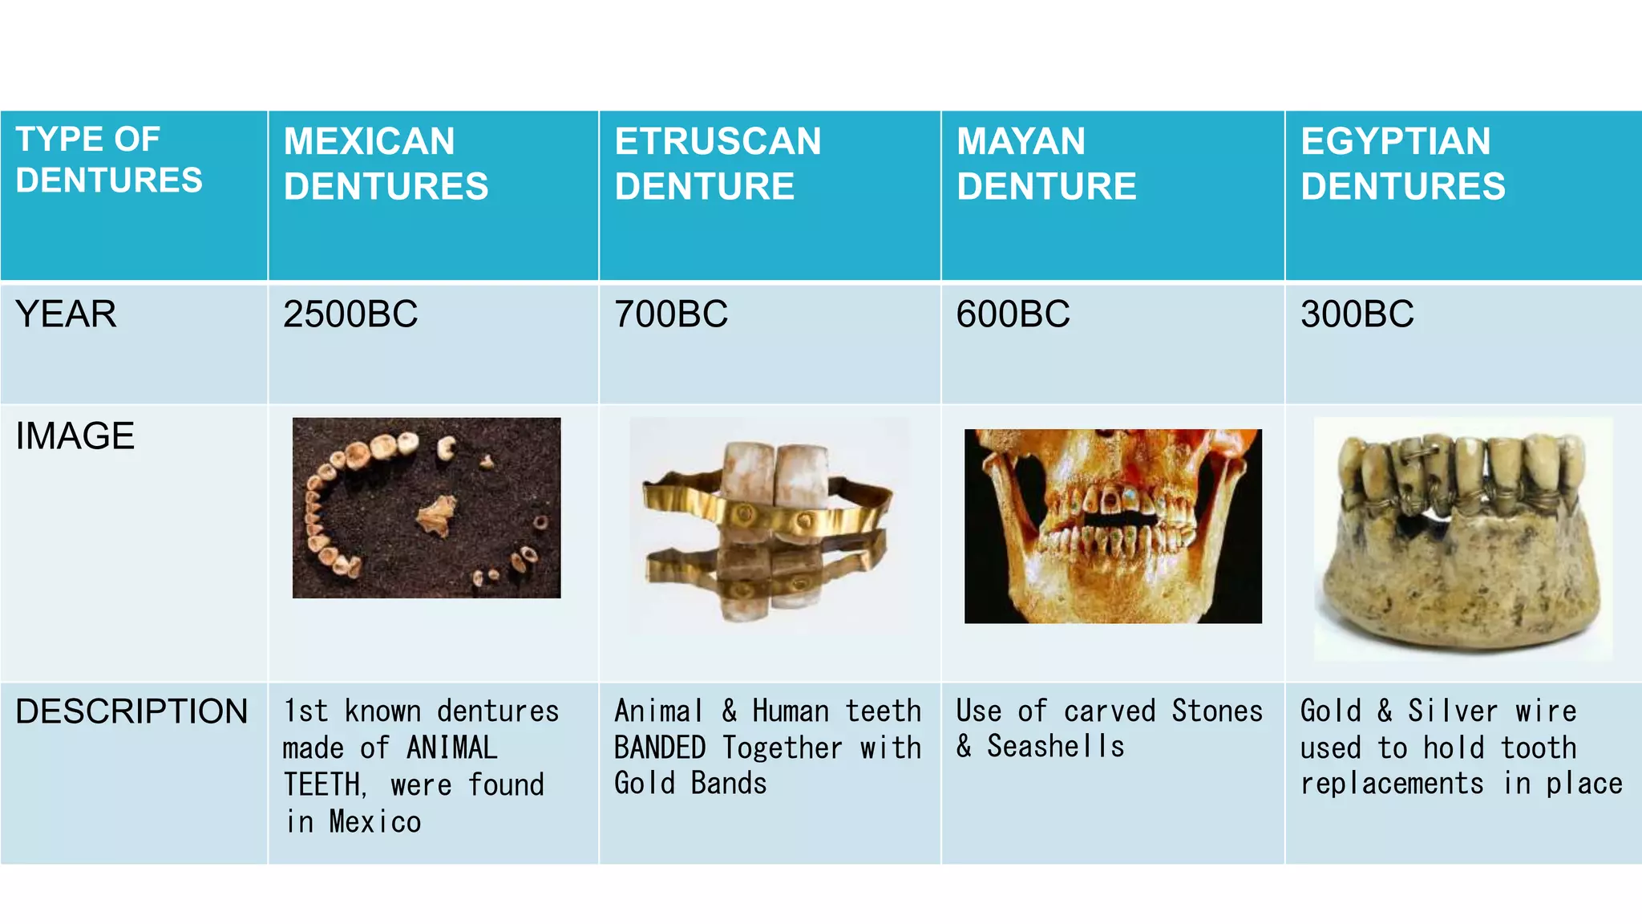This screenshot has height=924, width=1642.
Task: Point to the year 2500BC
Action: coord(350,314)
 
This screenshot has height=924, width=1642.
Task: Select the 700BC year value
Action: coord(671,314)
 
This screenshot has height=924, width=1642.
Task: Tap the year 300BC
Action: coord(1357,314)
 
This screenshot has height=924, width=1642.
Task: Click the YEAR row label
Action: coord(66,314)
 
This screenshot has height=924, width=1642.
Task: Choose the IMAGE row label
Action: coord(75,436)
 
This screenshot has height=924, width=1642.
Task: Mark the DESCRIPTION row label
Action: coord(131,711)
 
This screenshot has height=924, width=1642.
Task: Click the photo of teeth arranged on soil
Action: coord(427,508)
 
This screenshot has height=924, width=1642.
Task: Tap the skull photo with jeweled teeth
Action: coord(1113,526)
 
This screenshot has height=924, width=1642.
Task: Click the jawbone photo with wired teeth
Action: coord(1462,538)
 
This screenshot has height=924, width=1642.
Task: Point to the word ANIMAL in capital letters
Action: coord(451,748)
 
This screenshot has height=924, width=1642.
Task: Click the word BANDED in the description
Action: coord(660,748)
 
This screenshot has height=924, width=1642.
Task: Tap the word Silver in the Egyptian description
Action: coord(1452,711)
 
